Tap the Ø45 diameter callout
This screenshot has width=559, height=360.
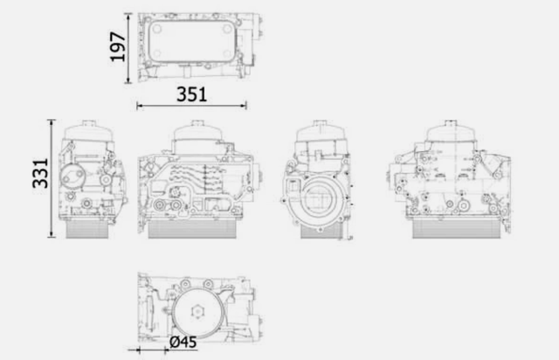[183, 343]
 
